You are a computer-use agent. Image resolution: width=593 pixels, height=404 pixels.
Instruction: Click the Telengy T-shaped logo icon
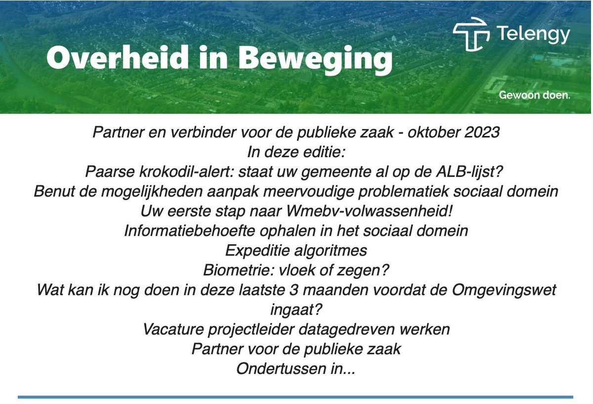click(471, 34)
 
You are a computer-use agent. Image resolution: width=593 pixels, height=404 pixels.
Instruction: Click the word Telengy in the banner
click(533, 34)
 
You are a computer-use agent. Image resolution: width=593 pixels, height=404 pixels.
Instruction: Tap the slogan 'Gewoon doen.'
click(534, 95)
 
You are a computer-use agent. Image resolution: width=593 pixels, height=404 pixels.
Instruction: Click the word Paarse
click(110, 172)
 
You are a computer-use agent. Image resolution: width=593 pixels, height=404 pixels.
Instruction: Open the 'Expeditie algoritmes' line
click(296, 250)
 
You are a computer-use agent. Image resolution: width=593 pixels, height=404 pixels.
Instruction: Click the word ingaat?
click(296, 310)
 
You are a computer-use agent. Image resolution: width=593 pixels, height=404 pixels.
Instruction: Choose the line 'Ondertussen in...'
click(296, 368)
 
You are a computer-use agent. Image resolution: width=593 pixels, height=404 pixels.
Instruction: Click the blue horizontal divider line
click(296, 397)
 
